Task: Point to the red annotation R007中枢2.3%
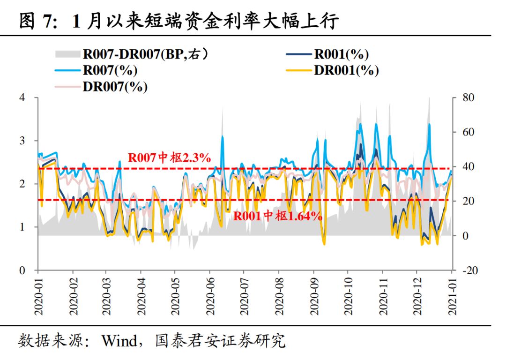170,158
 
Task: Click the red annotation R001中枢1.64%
278,216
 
